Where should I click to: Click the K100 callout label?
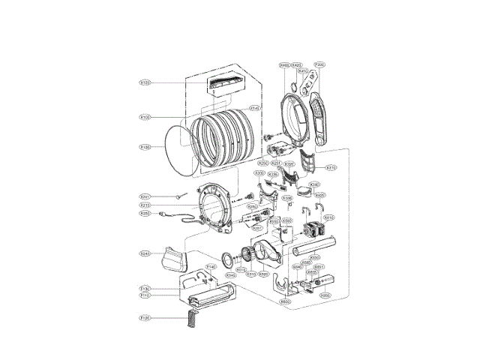pyautogui.click(x=145, y=117)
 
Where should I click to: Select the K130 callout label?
pyautogui.click(x=145, y=147)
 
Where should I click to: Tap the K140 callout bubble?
pyautogui.click(x=255, y=109)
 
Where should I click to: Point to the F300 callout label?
pyautogui.click(x=319, y=65)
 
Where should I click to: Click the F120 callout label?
pyautogui.click(x=145, y=319)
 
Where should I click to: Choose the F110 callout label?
pyautogui.click(x=145, y=295)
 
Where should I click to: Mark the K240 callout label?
pyautogui.click(x=145, y=253)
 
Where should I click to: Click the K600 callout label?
pyautogui.click(x=285, y=301)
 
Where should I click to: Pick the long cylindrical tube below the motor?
pyautogui.click(x=315, y=246)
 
